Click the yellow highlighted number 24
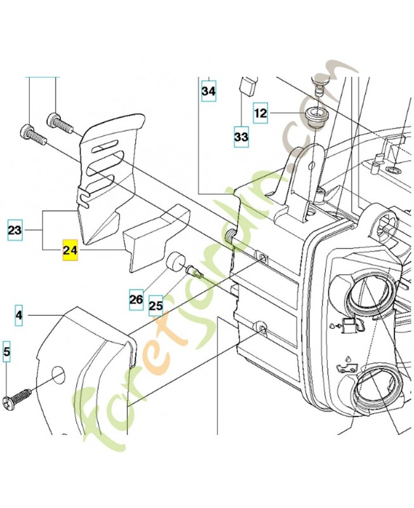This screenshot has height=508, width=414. click(x=70, y=251)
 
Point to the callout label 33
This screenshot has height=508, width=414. click(x=241, y=137)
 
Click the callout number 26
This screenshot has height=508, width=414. click(x=136, y=299)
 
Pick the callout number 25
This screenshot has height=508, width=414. click(x=156, y=305)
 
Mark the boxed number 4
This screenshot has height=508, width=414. click(x=19, y=315)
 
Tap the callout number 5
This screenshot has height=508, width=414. click(x=7, y=351)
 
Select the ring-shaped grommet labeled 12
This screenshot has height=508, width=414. click(x=313, y=117)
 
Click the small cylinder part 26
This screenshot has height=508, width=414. click(x=174, y=262)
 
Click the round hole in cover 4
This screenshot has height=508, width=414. click(x=58, y=374)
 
